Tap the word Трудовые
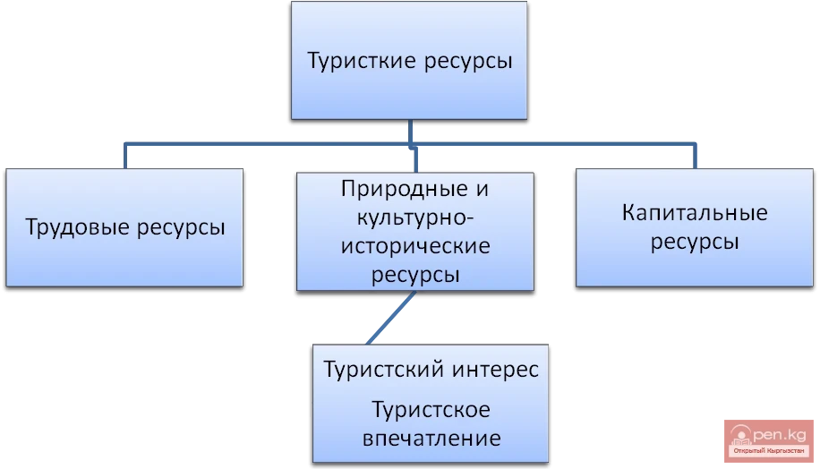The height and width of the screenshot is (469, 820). pyautogui.click(x=78, y=227)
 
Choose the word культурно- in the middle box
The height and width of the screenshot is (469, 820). pyautogui.click(x=414, y=217)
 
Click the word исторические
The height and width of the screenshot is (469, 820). pyautogui.click(x=414, y=245)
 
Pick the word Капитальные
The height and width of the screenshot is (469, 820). pyautogui.click(x=695, y=214)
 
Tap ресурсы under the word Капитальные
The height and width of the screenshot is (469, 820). pyautogui.click(x=695, y=242)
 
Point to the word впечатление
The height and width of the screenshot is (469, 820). pyautogui.click(x=431, y=439)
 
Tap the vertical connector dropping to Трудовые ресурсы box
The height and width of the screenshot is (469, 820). pyautogui.click(x=126, y=156)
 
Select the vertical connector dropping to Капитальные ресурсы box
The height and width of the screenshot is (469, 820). pyautogui.click(x=695, y=156)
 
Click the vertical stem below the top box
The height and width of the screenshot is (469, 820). pyautogui.click(x=411, y=131)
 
